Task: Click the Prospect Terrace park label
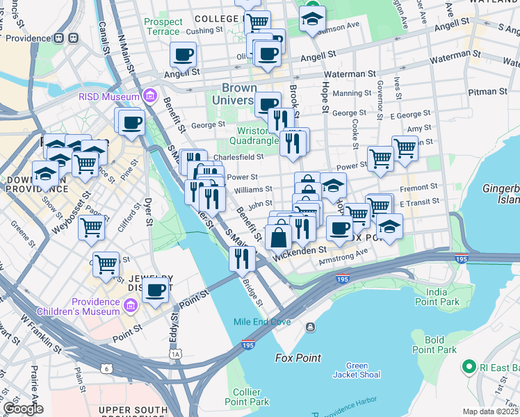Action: (163, 26)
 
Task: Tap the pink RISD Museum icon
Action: (149, 96)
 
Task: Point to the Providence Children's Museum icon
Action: (130, 306)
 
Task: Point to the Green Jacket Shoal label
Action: (357, 370)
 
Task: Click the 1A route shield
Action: (176, 354)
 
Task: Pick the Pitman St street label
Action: (487, 91)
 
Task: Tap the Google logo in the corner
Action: (22, 409)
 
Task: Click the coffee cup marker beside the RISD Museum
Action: (131, 123)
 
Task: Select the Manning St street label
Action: (352, 93)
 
